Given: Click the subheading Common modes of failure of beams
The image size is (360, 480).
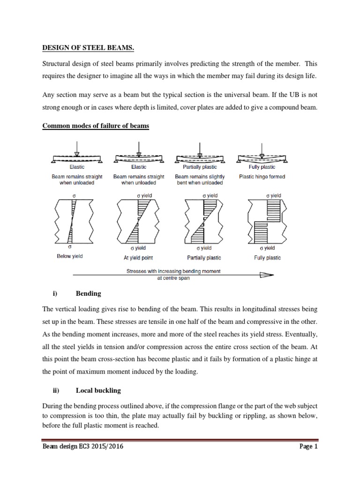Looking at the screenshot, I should [96, 126].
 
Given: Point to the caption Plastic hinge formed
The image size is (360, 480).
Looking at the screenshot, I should [262, 177].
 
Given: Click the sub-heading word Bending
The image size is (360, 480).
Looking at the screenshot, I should [88, 294].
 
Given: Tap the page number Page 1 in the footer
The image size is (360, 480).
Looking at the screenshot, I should [308, 447].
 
